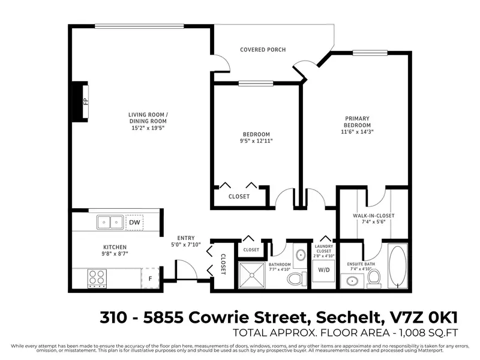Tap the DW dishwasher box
coord(135,223)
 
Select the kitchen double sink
coord(111,223)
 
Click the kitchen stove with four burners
coord(97,277)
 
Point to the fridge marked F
coord(150,277)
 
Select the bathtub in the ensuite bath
coord(398,267)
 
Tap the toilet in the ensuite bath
coord(373,276)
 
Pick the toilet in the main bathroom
coord(294,278)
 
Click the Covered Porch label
coord(263,49)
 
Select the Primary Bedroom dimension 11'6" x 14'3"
coord(357,132)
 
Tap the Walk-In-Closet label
coord(374,215)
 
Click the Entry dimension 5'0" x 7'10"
coord(185,244)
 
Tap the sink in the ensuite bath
coord(350,280)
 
